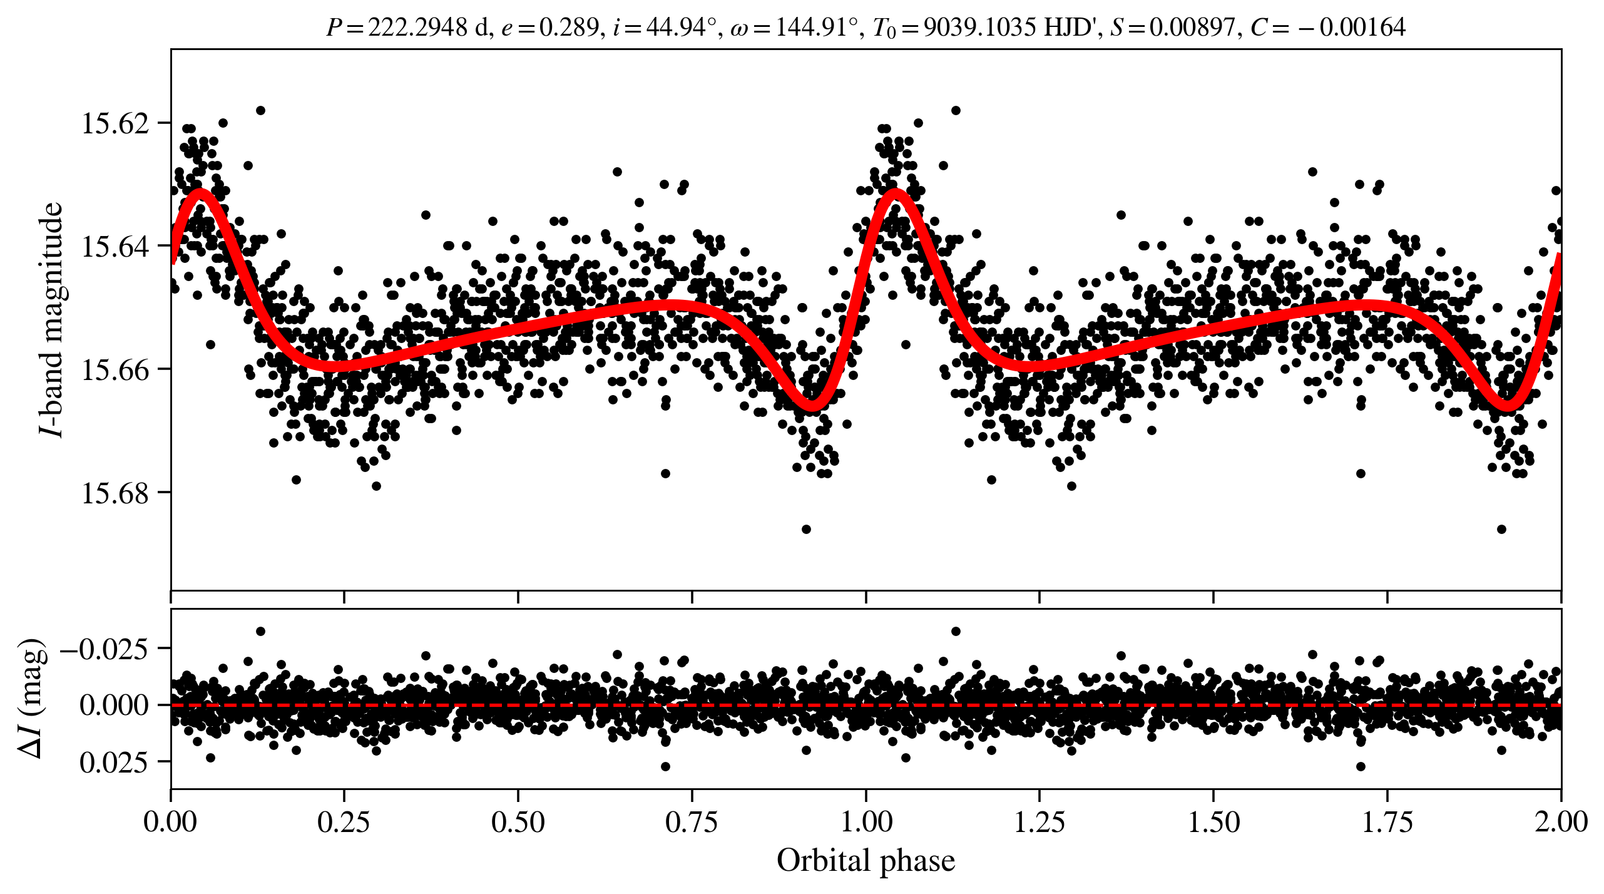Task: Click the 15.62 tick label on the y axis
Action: (x=115, y=123)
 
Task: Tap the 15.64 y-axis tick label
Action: (x=115, y=246)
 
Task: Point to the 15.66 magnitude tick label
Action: (x=115, y=369)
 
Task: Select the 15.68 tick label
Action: (x=115, y=493)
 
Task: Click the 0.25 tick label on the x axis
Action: (x=344, y=821)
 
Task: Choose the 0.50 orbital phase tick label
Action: (x=518, y=821)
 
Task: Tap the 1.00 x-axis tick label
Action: (x=866, y=821)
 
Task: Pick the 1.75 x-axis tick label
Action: (x=1387, y=821)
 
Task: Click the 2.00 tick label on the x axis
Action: (x=1561, y=821)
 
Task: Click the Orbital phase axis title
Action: (x=866, y=860)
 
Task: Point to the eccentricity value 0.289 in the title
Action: (x=569, y=27)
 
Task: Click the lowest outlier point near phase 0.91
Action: (x=806, y=529)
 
